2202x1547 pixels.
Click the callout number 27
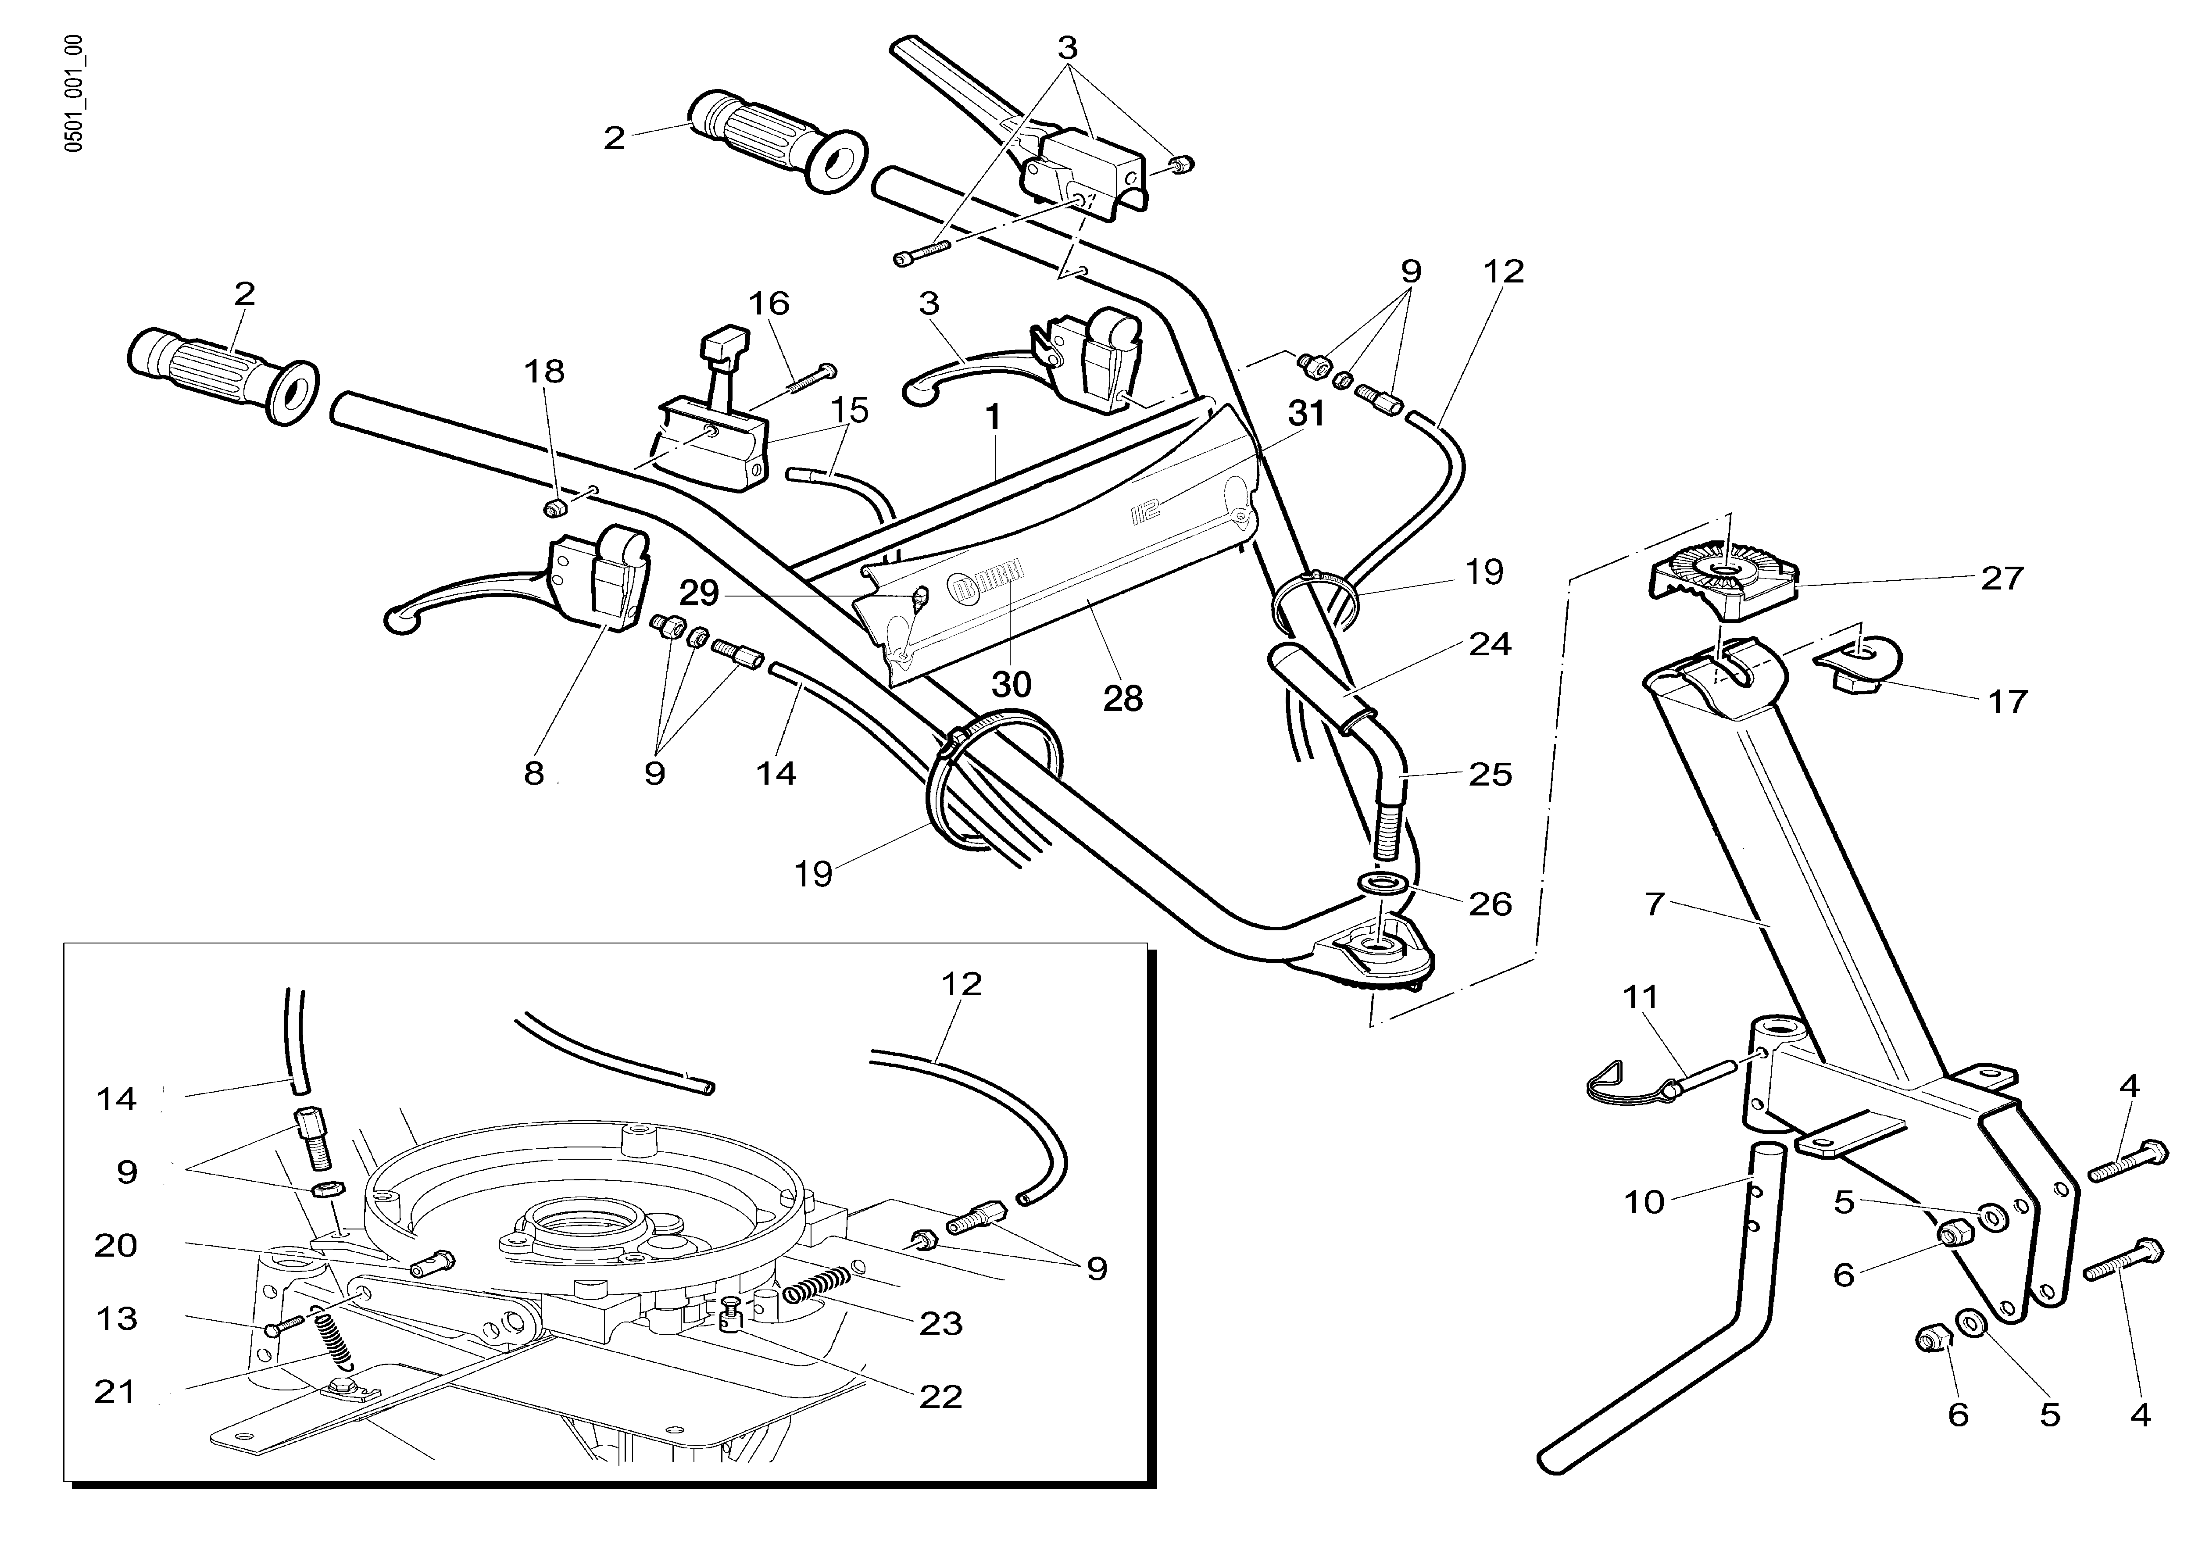[2002, 579]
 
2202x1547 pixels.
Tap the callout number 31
[1306, 414]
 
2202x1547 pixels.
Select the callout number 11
[1640, 997]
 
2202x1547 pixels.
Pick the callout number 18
[545, 371]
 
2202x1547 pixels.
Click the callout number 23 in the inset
[940, 1324]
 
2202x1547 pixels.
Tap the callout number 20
[116, 1246]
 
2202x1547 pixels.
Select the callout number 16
[768, 304]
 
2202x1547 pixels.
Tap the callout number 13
[116, 1319]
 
